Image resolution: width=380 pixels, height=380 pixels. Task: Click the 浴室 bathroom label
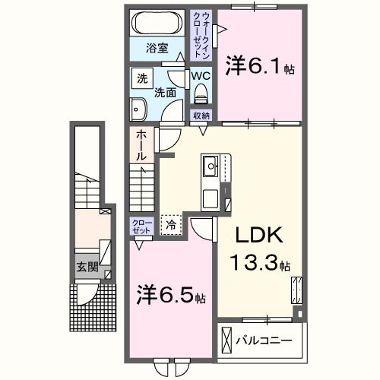[157, 55]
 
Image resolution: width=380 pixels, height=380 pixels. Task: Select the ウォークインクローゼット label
[202, 36]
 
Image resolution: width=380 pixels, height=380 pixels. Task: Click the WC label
[201, 77]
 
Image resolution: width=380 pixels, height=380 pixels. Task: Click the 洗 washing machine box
[141, 78]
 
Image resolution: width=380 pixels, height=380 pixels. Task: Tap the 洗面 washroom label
[166, 93]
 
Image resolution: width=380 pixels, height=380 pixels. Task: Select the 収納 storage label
[201, 116]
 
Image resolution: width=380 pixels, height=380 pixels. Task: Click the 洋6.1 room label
[258, 67]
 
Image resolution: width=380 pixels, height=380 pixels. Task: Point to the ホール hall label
[141, 144]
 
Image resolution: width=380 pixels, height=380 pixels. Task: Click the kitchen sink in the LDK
[211, 164]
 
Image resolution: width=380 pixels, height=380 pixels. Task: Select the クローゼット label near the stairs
[141, 226]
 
